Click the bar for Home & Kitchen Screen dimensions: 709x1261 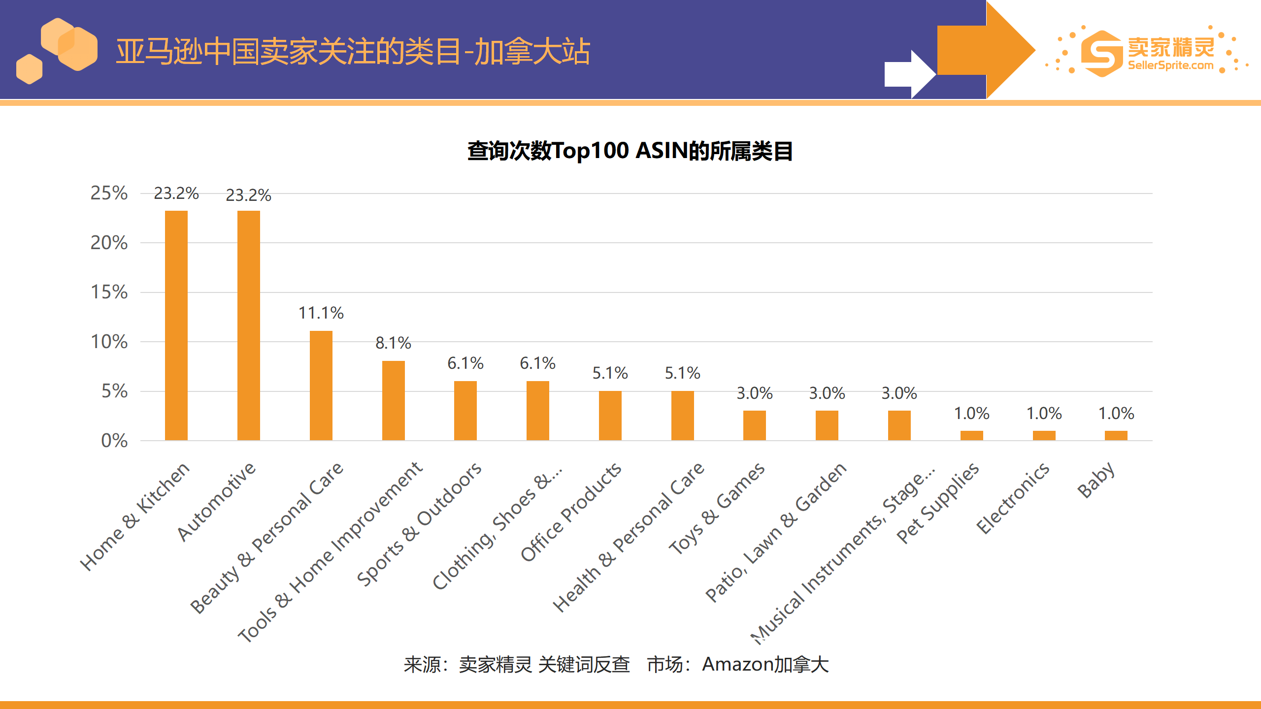[x=176, y=325]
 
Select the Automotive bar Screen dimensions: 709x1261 [x=248, y=325]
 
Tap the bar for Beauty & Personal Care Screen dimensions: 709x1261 [x=321, y=385]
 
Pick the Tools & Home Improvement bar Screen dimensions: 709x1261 [x=393, y=400]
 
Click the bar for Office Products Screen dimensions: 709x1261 [x=610, y=415]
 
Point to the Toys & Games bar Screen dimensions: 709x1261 [x=754, y=425]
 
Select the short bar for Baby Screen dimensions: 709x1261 [x=1116, y=435]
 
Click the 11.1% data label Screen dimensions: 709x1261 [x=321, y=313]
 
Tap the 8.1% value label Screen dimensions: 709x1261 [x=393, y=343]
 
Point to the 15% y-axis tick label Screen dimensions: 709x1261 [x=109, y=292]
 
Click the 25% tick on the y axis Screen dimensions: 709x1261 [x=109, y=193]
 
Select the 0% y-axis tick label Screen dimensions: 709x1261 [x=114, y=441]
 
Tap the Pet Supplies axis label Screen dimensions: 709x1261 [x=937, y=503]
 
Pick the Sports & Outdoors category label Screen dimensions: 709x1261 [x=419, y=524]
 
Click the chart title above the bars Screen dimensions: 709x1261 [x=630, y=151]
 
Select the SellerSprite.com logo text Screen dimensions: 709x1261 [x=1170, y=65]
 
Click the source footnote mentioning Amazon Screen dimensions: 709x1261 [x=616, y=664]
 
